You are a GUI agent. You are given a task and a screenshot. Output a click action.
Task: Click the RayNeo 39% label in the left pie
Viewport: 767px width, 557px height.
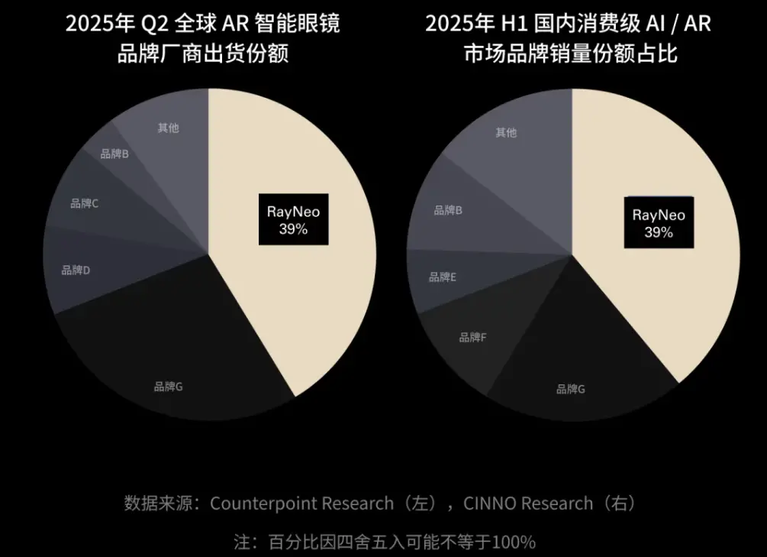tap(293, 220)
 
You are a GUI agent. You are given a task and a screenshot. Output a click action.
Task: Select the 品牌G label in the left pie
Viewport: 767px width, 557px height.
tap(168, 387)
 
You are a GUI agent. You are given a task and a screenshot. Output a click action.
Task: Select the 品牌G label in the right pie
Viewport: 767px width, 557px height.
tap(571, 389)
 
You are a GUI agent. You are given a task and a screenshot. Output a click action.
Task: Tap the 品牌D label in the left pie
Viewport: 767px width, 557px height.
tap(76, 270)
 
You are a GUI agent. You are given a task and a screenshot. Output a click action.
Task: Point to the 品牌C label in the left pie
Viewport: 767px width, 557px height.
tap(84, 203)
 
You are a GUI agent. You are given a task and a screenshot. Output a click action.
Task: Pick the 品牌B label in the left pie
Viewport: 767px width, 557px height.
tap(114, 154)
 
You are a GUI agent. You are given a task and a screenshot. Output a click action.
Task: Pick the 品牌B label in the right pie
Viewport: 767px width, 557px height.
tap(448, 210)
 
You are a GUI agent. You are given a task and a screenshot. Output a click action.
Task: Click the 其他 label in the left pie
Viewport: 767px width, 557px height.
tap(168, 128)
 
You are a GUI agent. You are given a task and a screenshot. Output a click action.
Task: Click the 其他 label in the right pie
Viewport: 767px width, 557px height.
tap(505, 132)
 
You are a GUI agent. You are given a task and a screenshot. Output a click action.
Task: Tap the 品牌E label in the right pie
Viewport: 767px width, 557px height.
tap(443, 277)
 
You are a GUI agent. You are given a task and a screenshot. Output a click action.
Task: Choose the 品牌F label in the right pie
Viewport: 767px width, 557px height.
tap(472, 337)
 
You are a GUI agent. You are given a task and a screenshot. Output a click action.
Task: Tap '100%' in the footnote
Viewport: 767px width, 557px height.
tap(514, 542)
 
